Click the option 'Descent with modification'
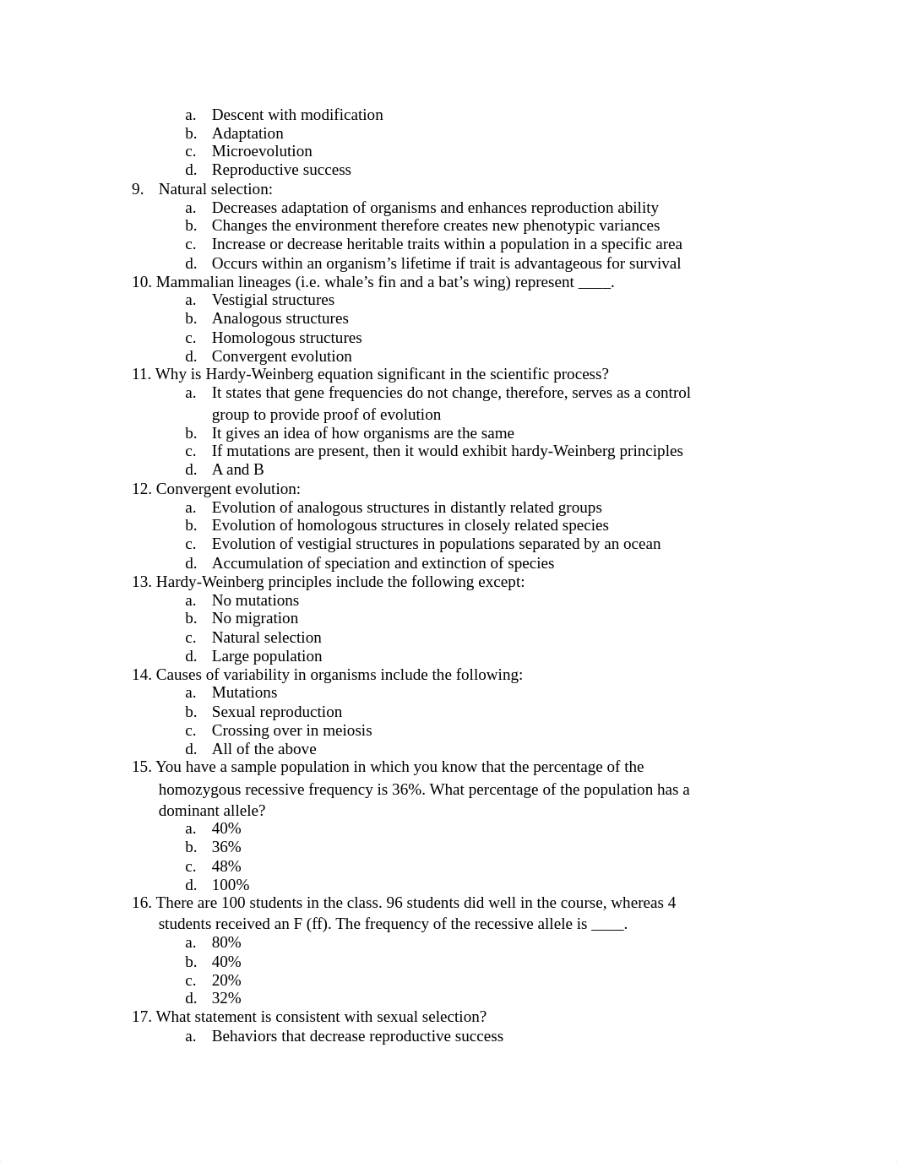[x=296, y=115]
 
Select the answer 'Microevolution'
[x=261, y=151]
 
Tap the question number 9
[x=138, y=189]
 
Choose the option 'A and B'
[x=237, y=470]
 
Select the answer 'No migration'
[x=254, y=618]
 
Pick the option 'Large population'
[x=266, y=656]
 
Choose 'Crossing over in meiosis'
[x=291, y=730]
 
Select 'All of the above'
[x=264, y=749]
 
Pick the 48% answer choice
[x=226, y=866]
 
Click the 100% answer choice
[x=230, y=885]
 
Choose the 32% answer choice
[x=226, y=998]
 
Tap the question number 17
[x=140, y=1017]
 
